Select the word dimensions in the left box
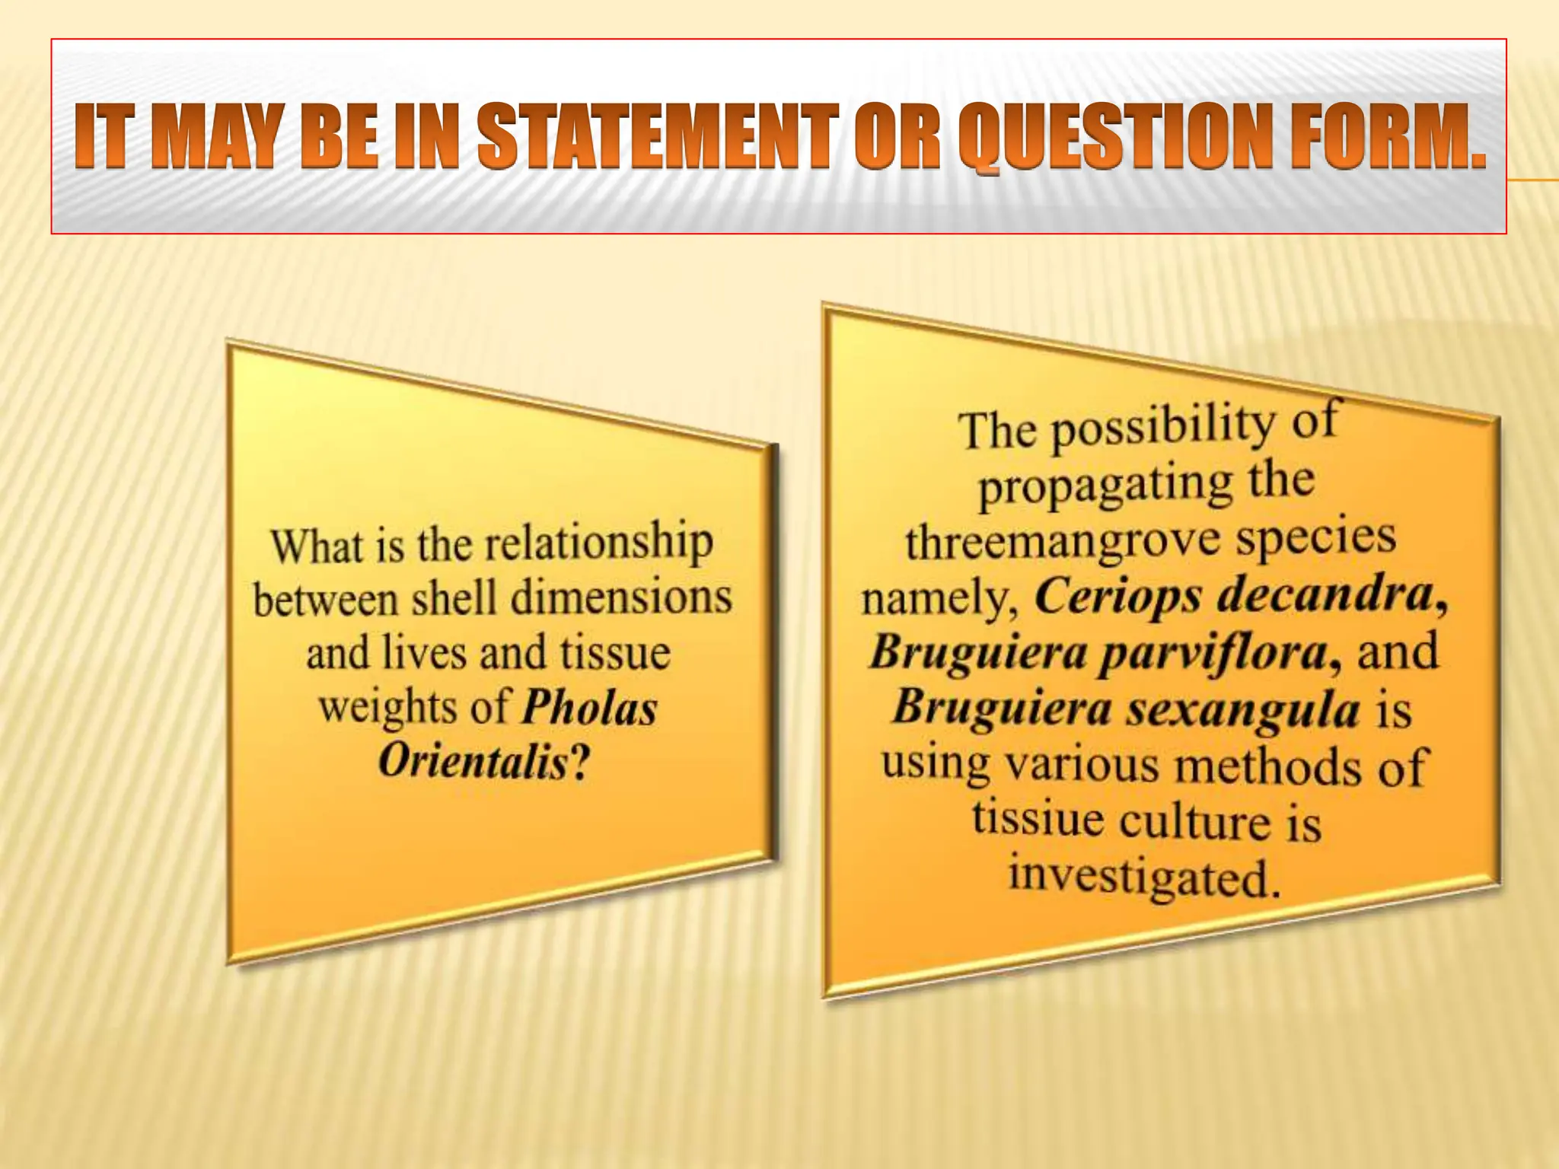(620, 598)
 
